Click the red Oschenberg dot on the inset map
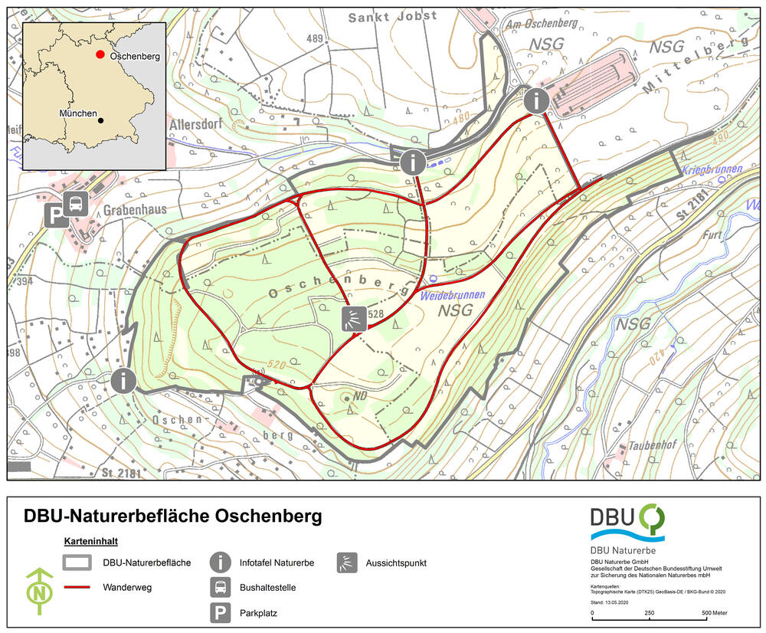tap(100, 55)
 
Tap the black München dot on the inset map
tap(100, 120)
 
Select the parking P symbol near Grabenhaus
tap(54, 215)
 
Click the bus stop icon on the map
tap(77, 204)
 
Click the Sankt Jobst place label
tap(393, 16)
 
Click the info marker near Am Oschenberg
tap(537, 100)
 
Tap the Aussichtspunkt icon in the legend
tap(348, 562)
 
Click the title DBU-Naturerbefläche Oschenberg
tap(172, 517)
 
